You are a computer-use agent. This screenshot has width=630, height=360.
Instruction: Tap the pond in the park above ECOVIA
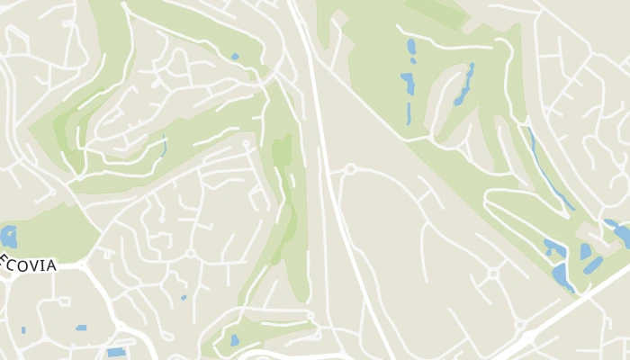click(10, 237)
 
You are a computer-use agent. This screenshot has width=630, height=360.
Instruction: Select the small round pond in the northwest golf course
click(235, 57)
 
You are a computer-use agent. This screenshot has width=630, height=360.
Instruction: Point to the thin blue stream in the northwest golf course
click(164, 147)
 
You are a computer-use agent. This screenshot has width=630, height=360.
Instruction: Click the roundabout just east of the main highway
click(350, 168)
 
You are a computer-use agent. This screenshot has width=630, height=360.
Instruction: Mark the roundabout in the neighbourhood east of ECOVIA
click(190, 253)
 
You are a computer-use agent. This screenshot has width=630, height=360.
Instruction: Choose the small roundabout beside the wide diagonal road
click(493, 273)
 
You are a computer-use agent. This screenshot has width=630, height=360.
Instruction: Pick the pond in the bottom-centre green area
click(235, 341)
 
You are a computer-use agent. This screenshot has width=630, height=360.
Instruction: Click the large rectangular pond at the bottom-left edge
click(116, 352)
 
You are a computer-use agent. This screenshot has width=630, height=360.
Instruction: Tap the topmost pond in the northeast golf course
click(411, 47)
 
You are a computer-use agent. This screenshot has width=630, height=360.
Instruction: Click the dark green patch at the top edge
click(437, 11)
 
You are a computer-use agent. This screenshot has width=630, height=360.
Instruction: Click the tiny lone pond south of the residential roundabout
click(184, 297)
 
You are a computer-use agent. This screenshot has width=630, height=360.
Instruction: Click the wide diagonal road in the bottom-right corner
click(576, 306)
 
